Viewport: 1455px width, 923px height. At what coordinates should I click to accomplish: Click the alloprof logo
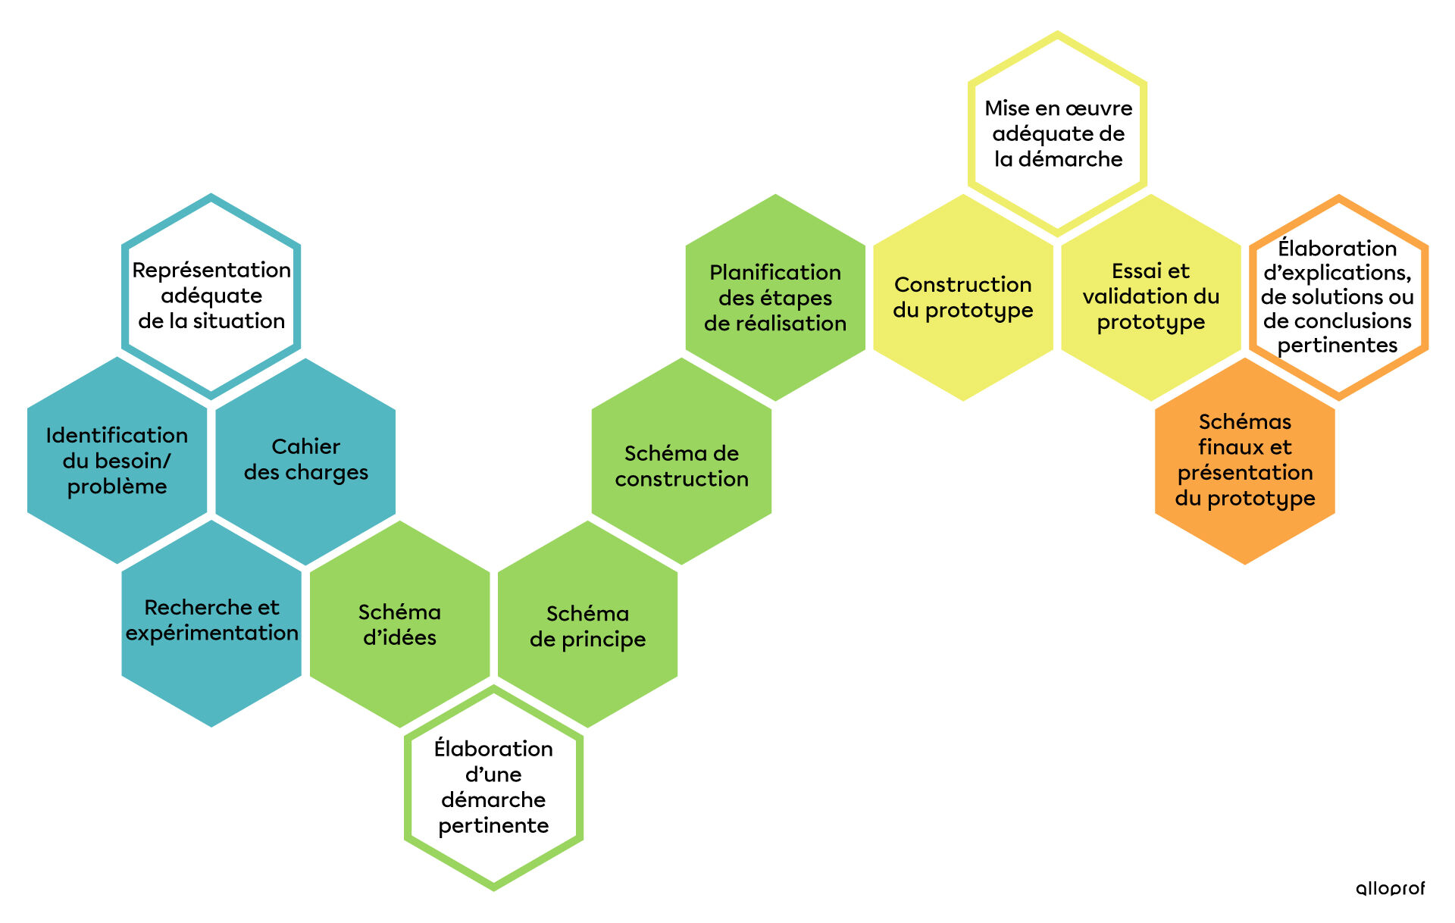tap(1390, 888)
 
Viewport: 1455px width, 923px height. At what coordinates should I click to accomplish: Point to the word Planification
tap(775, 272)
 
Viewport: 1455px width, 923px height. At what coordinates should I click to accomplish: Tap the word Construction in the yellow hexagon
tap(962, 284)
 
